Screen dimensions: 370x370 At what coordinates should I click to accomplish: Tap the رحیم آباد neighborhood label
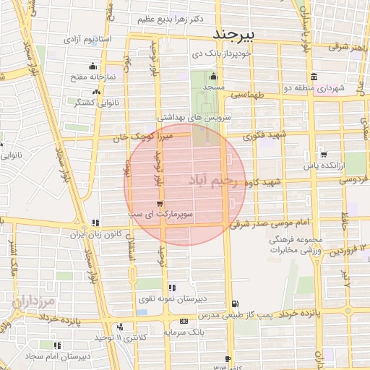point(217,179)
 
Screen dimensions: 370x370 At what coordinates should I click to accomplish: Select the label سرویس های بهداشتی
point(185,116)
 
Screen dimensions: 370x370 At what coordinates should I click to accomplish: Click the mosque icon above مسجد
point(212,77)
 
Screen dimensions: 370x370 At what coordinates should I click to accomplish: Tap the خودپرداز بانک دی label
point(221,53)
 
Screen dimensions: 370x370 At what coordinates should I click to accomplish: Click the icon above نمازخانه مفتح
point(93,66)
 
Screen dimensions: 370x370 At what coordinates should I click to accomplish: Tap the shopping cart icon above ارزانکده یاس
point(323,154)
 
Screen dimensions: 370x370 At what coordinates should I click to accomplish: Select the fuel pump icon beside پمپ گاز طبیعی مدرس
point(233,304)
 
